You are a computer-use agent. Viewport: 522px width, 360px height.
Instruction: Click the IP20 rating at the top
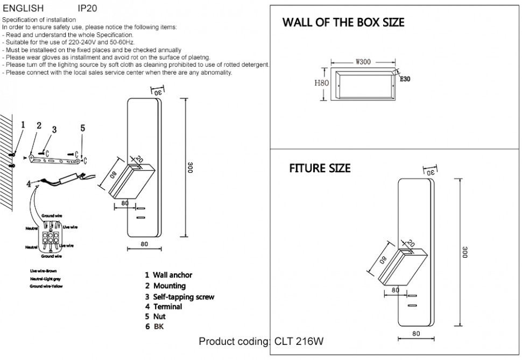click(x=88, y=9)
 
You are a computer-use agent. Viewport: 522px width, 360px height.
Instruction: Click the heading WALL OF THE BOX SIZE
click(x=343, y=23)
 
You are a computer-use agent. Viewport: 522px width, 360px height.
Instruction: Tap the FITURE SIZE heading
click(x=320, y=168)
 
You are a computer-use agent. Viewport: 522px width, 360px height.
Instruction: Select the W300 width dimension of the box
click(x=363, y=61)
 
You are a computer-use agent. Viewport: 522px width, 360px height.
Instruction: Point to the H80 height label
click(x=321, y=83)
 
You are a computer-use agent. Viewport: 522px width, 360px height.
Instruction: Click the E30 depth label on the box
click(x=405, y=79)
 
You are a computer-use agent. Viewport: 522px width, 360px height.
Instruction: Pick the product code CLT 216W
click(x=299, y=341)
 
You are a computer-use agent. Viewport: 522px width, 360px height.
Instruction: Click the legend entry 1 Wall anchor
click(x=168, y=275)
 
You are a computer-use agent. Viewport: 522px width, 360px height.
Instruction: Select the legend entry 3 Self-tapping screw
click(x=179, y=297)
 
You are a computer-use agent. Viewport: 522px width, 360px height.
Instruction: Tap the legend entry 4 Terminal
click(x=164, y=307)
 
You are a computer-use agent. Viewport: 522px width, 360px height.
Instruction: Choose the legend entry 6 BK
click(x=153, y=327)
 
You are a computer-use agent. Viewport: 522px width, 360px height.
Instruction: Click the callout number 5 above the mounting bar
click(x=82, y=128)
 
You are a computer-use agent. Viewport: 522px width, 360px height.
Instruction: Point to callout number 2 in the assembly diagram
click(x=39, y=126)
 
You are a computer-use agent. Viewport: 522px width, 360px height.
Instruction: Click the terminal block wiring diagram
click(x=49, y=237)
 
